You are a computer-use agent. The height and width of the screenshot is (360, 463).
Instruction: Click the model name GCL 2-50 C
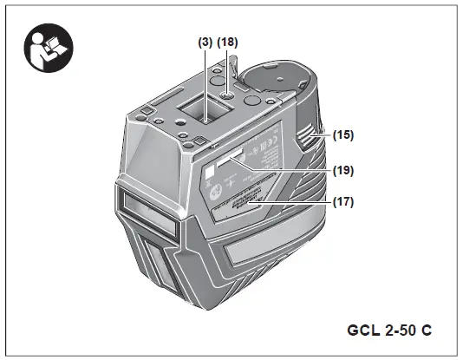click(x=390, y=331)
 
